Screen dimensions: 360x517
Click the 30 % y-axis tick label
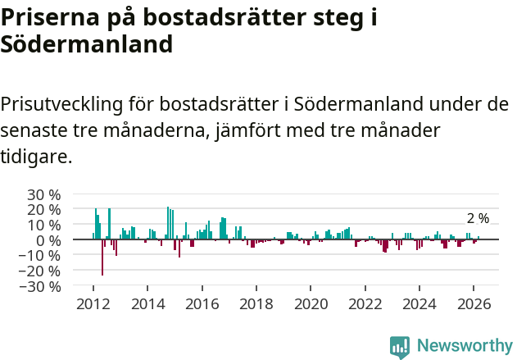tap(43, 194)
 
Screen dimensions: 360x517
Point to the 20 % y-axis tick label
tap(43, 209)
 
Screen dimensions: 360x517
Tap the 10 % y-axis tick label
tap(43, 225)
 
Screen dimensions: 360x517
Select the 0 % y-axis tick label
tap(48, 240)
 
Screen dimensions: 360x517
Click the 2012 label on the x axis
tap(93, 303)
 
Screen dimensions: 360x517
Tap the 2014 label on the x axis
tap(147, 303)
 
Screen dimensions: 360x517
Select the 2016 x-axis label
tap(202, 303)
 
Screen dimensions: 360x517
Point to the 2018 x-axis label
tap(256, 303)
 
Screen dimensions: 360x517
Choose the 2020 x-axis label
tap(311, 303)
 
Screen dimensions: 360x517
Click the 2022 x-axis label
tap(365, 303)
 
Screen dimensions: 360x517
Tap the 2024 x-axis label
tap(419, 303)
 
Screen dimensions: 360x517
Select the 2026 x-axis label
tap(474, 303)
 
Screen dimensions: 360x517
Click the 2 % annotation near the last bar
tap(478, 218)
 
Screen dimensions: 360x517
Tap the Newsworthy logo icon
tap(400, 346)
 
